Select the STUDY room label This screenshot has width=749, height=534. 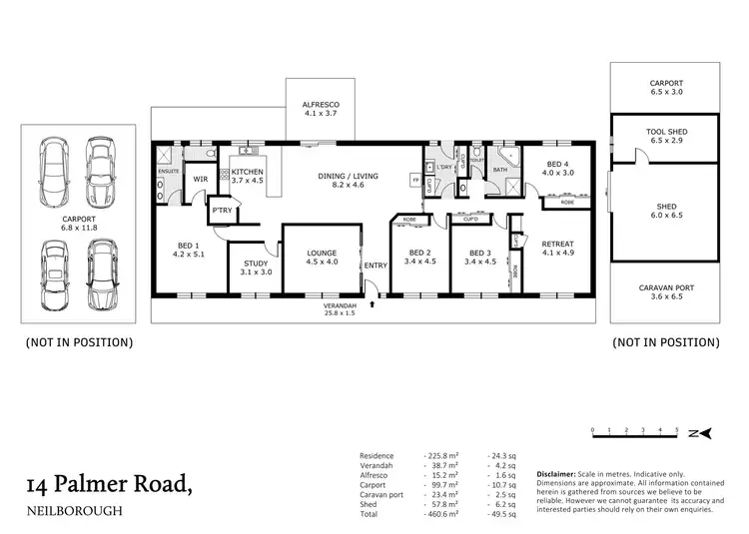(255, 267)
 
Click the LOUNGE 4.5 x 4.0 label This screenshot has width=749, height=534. (321, 258)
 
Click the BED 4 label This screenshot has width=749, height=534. (558, 168)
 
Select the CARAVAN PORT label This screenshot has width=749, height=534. (668, 291)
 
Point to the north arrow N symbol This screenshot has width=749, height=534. (705, 434)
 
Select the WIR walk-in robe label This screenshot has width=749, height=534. (200, 180)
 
